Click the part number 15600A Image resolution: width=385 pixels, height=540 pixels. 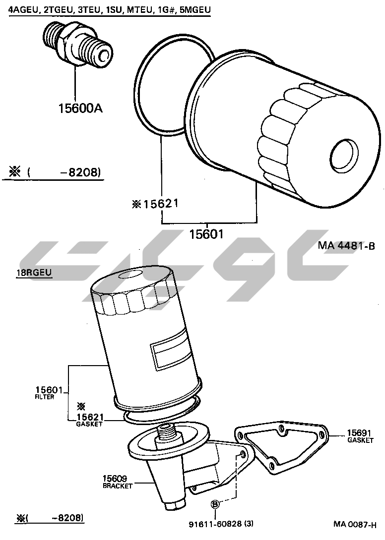[x=80, y=108]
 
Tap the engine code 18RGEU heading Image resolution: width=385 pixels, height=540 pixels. [x=34, y=272]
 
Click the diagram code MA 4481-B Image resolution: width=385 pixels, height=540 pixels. [x=346, y=246]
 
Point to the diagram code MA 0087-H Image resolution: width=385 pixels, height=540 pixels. [x=355, y=525]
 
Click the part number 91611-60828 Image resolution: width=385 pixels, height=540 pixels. [x=215, y=524]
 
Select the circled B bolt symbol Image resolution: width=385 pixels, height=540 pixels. [x=215, y=504]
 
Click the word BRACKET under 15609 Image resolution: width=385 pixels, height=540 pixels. [x=118, y=486]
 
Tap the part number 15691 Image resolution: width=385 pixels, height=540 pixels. [x=359, y=433]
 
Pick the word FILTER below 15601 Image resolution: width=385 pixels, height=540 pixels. [x=45, y=397]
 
